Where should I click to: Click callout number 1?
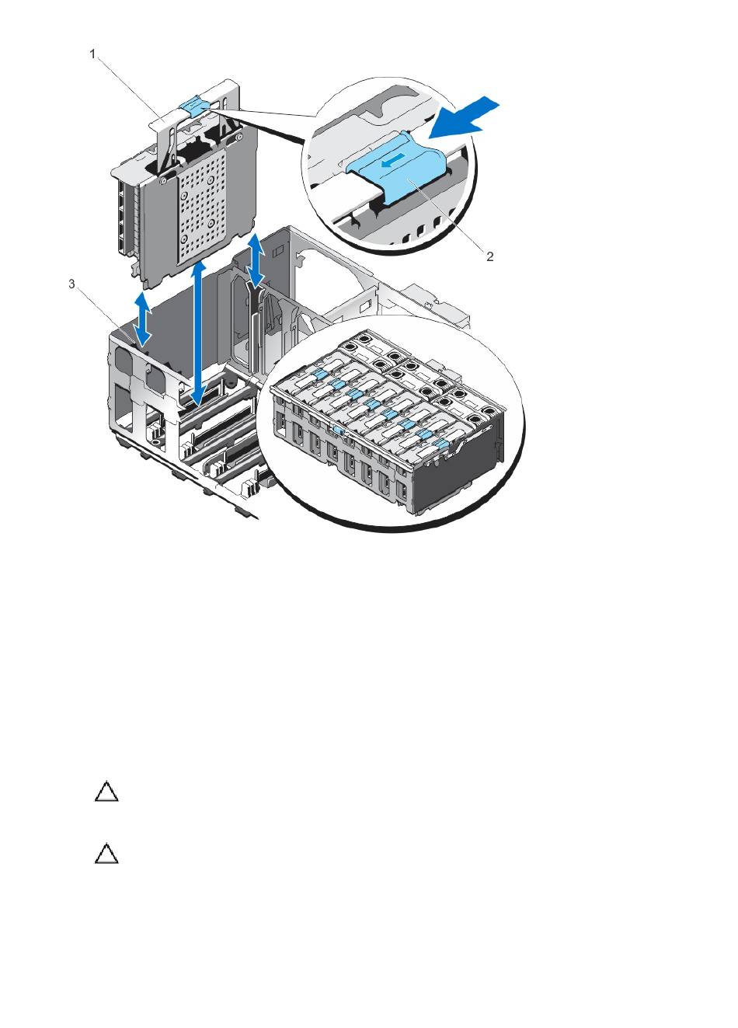pos(92,54)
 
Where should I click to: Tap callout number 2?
pos(489,256)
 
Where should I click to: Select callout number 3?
pos(71,284)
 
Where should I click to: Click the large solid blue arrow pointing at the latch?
pos(463,120)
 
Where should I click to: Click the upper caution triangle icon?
pos(106,791)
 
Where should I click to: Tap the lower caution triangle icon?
pos(106,854)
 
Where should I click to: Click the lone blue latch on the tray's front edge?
pos(339,430)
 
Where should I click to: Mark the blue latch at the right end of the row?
pos(441,443)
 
